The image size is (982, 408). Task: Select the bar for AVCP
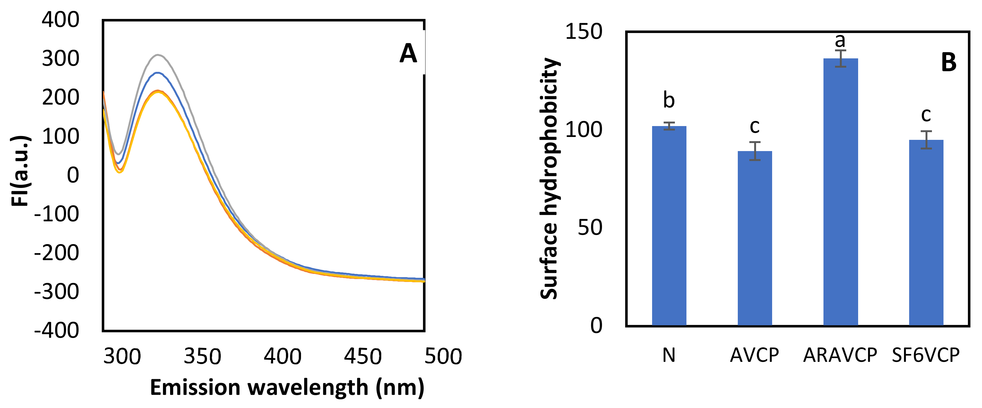[754, 238]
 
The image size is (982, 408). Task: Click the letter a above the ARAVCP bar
[840, 40]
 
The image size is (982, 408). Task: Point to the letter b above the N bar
[669, 100]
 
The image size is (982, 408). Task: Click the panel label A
[408, 53]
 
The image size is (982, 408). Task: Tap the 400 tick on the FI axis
[60, 20]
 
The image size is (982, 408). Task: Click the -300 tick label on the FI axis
[56, 292]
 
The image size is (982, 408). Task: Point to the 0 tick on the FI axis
[73, 175]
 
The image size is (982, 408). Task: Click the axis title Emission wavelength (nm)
[287, 388]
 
